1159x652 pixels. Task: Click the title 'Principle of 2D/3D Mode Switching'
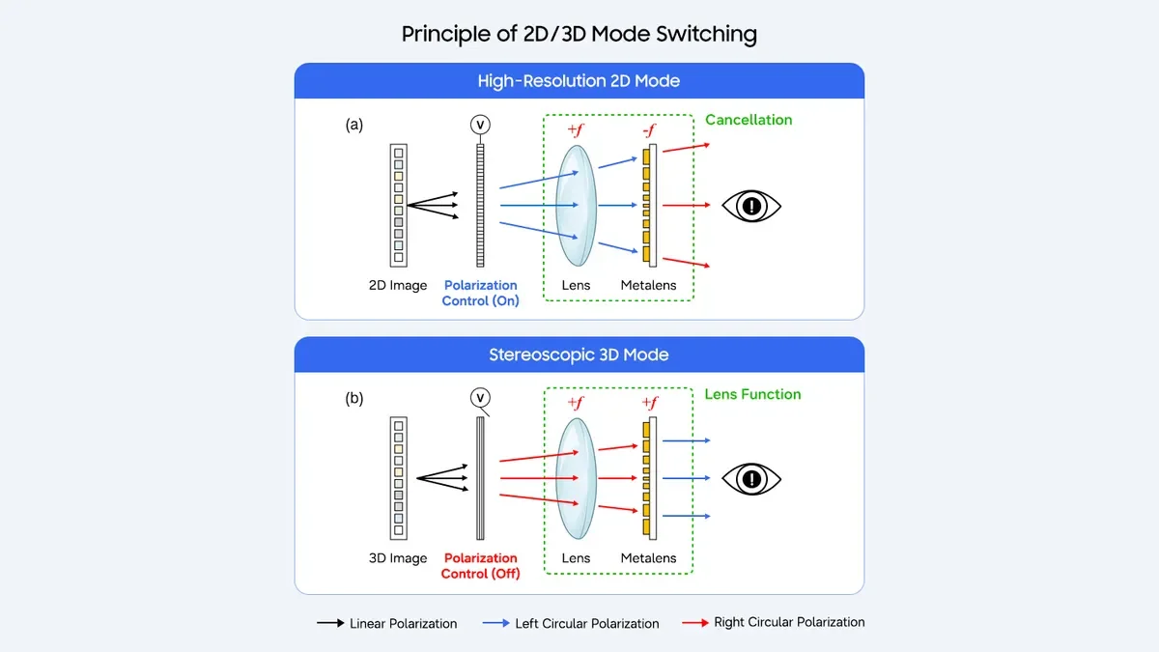[579, 34]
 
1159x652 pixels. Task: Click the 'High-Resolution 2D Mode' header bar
[579, 80]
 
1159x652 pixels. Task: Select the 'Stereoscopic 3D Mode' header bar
[579, 354]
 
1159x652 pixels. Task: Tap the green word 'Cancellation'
[749, 120]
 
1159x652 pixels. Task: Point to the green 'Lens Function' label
[752, 394]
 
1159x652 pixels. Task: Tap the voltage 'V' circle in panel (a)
[480, 125]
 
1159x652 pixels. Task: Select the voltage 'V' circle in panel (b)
[480, 398]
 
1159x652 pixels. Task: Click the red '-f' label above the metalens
[651, 130]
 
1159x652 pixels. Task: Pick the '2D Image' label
[398, 286]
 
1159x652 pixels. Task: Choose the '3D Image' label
[398, 558]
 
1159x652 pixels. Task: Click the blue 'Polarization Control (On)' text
[480, 293]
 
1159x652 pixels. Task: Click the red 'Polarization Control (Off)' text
[480, 566]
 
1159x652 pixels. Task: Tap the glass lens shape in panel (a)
[576, 205]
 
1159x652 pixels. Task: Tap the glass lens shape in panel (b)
[576, 478]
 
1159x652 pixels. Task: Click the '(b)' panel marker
[353, 398]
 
